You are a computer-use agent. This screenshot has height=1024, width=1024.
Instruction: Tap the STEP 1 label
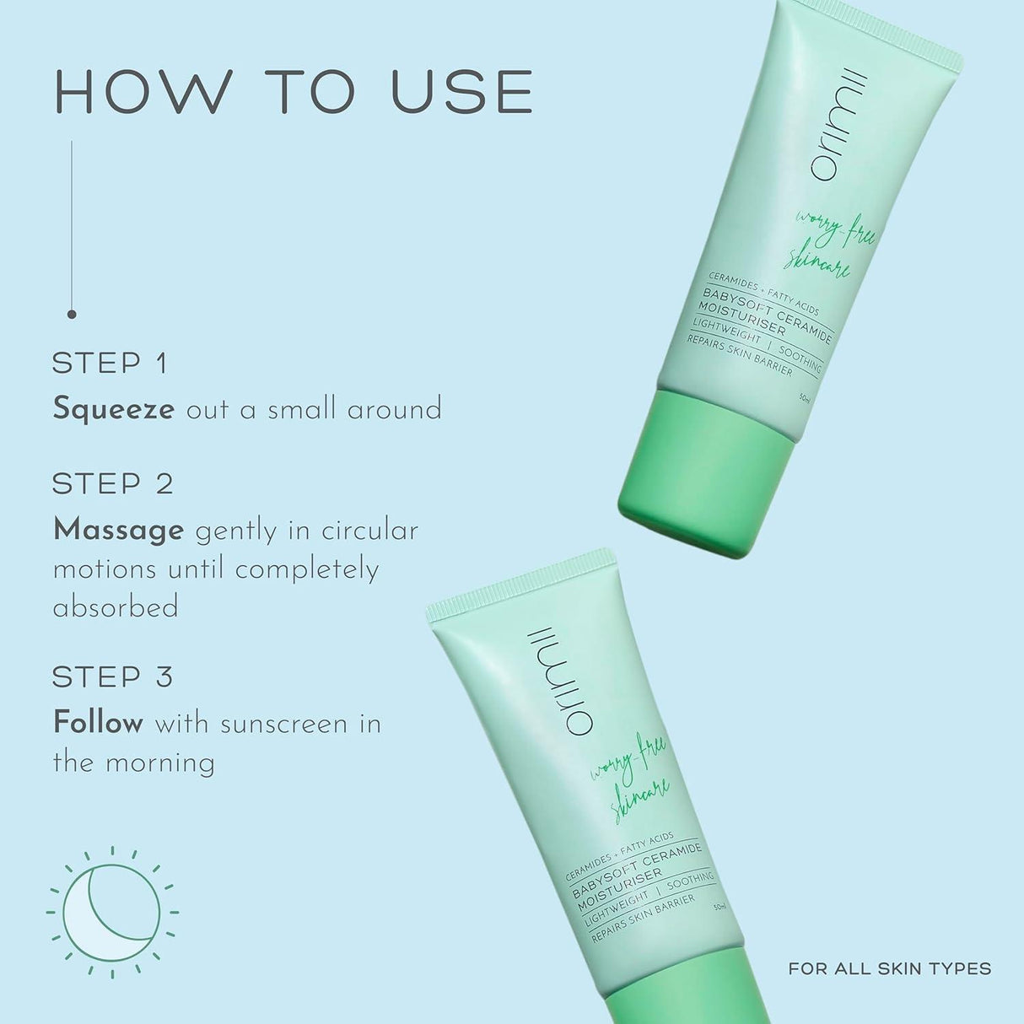[x=110, y=364]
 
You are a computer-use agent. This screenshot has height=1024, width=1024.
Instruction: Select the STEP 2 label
[x=112, y=484]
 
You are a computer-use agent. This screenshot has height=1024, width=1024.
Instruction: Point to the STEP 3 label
[x=112, y=676]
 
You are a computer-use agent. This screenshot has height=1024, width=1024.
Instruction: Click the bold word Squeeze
[x=113, y=410]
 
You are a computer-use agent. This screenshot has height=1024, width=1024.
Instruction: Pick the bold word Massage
[x=118, y=530]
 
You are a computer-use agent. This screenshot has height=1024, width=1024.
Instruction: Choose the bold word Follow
[x=98, y=724]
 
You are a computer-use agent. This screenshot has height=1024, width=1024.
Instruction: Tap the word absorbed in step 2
[x=116, y=607]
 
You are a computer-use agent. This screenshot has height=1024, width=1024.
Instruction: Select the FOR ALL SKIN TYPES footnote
[x=890, y=969]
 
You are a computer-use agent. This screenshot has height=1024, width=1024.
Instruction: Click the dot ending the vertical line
[x=72, y=314]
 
